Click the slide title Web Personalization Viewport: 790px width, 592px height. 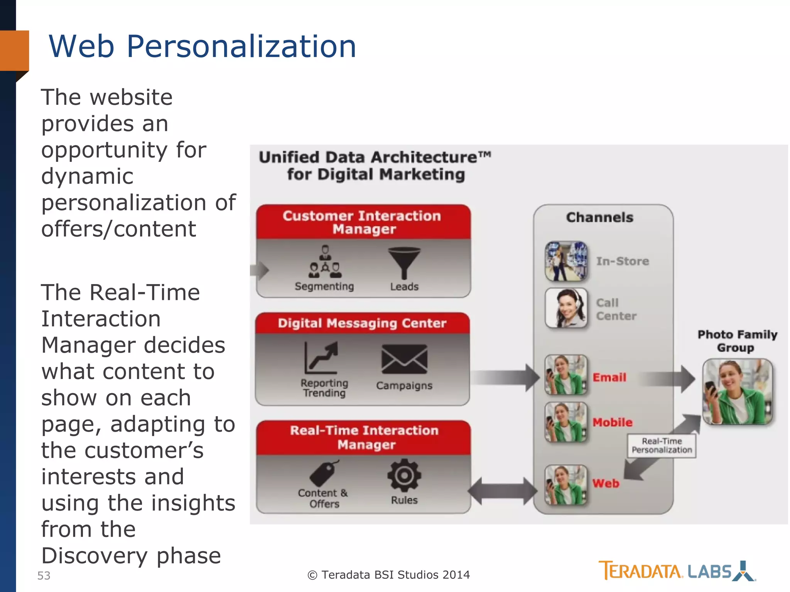click(x=202, y=47)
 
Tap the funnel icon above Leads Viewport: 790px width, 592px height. click(x=404, y=262)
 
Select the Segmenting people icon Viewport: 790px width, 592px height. click(x=325, y=262)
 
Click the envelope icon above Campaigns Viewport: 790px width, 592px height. click(x=404, y=359)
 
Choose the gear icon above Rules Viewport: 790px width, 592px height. click(x=404, y=475)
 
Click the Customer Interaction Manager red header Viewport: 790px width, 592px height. click(x=363, y=222)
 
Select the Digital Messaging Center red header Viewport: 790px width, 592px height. click(x=362, y=323)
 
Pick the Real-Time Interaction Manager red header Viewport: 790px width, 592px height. click(x=364, y=437)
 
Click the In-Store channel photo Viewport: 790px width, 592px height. click(x=566, y=261)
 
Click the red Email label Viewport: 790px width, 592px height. click(x=609, y=377)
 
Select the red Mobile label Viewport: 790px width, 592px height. click(x=613, y=422)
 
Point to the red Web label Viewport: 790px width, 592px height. click(x=606, y=483)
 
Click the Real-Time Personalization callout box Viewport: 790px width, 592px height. click(x=662, y=446)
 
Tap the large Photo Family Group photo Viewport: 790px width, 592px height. click(x=737, y=392)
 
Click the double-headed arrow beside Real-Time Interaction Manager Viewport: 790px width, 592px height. click(x=502, y=491)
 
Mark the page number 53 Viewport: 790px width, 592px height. click(x=44, y=575)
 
